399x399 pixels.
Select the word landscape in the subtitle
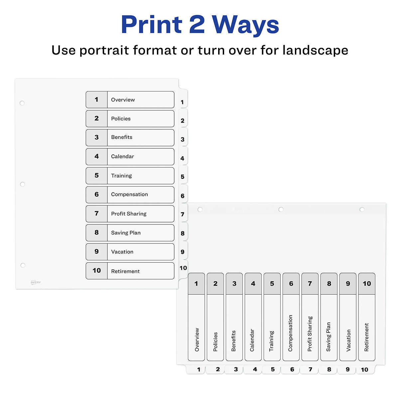point(315,50)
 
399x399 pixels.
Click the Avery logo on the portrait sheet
point(36,282)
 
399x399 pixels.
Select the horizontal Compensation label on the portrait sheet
point(129,195)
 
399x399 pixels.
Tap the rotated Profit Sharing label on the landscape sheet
point(310,334)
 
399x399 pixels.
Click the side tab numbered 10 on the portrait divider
point(183,268)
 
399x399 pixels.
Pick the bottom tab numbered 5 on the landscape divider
point(273,369)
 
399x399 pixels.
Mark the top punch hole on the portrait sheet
point(22,103)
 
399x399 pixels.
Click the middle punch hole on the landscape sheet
point(281,209)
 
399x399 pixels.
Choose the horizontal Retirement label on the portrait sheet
point(125,271)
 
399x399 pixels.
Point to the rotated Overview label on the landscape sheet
point(197,340)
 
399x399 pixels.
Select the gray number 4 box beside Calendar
point(96,156)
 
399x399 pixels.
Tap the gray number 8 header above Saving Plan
point(329,284)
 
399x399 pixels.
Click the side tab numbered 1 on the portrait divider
point(182,102)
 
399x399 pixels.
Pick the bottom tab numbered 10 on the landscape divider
point(365,369)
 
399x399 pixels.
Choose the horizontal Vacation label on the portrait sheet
point(122,252)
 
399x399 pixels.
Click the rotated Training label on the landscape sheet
point(272,341)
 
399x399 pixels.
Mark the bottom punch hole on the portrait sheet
point(23,265)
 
